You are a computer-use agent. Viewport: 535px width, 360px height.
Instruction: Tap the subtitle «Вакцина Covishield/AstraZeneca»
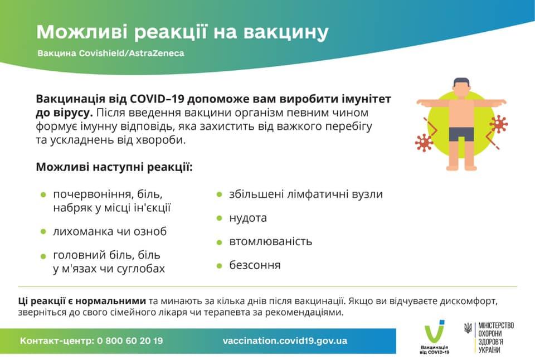pyautogui.click(x=110, y=54)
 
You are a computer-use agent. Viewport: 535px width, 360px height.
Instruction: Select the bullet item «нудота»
pyautogui.click(x=248, y=218)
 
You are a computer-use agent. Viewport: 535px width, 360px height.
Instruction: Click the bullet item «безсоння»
pyautogui.click(x=255, y=265)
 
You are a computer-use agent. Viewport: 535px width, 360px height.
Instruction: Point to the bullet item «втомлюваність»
pyautogui.click(x=271, y=241)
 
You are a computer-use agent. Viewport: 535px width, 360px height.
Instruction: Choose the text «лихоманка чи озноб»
pyautogui.click(x=110, y=231)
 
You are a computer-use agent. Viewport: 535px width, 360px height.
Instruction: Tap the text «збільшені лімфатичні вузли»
pyautogui.click(x=306, y=194)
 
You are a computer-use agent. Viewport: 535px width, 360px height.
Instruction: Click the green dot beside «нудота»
pyautogui.click(x=219, y=218)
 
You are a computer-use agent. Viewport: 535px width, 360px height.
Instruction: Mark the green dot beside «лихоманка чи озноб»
pyautogui.click(x=43, y=231)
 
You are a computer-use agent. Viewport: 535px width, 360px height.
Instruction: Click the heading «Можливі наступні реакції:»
pyautogui.click(x=114, y=167)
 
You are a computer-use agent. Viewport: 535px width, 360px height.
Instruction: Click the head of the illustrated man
pyautogui.click(x=461, y=87)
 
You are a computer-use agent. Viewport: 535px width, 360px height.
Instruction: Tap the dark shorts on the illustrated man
pyautogui.click(x=461, y=134)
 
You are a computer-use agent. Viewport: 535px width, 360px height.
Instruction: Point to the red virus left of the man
pyautogui.click(x=424, y=142)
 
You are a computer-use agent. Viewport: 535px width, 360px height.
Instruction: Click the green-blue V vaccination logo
pyautogui.click(x=434, y=332)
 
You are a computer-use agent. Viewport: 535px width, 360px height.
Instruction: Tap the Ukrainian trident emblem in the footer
pyautogui.click(x=468, y=329)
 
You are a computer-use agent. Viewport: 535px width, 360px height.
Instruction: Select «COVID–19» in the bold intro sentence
pyautogui.click(x=157, y=99)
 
